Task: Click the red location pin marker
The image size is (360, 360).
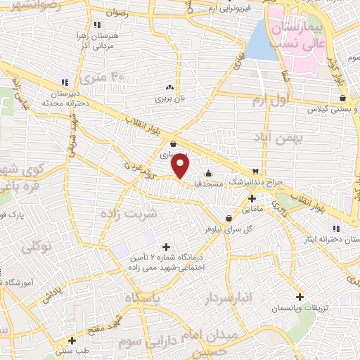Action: [181, 166]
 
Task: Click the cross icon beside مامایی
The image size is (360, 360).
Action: [252, 198]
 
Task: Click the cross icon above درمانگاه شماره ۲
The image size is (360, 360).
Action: [166, 246]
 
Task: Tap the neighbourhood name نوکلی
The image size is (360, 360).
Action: [37, 247]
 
